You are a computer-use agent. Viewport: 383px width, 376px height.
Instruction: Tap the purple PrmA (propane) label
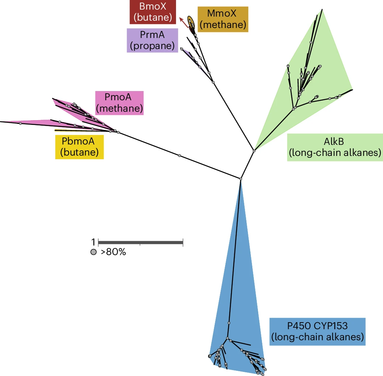(152, 40)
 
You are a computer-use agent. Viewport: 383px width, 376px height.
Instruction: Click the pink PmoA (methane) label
(119, 103)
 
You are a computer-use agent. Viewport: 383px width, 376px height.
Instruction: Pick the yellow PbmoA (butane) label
(79, 147)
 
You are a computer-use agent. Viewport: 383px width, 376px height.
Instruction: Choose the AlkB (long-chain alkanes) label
(334, 147)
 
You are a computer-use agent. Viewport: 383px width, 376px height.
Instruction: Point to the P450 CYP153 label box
(317, 331)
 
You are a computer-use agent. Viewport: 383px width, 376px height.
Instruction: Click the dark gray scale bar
(141, 242)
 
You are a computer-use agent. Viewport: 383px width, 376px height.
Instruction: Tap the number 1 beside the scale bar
(93, 242)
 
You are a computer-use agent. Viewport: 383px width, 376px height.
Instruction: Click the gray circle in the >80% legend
(94, 253)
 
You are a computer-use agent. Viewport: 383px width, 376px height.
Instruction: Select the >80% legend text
(113, 253)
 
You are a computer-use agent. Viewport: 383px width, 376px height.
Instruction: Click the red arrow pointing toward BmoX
(183, 22)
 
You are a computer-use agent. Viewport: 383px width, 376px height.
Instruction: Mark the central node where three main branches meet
(241, 179)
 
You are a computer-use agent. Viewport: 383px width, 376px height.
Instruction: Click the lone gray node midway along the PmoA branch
(180, 156)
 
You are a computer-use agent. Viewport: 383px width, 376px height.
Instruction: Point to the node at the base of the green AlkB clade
(254, 150)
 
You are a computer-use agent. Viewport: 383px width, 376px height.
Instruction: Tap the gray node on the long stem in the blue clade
(229, 323)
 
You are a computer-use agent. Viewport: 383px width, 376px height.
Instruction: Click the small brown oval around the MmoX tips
(191, 22)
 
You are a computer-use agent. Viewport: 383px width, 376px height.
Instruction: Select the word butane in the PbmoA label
(79, 152)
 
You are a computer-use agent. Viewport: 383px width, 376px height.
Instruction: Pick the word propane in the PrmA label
(152, 46)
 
